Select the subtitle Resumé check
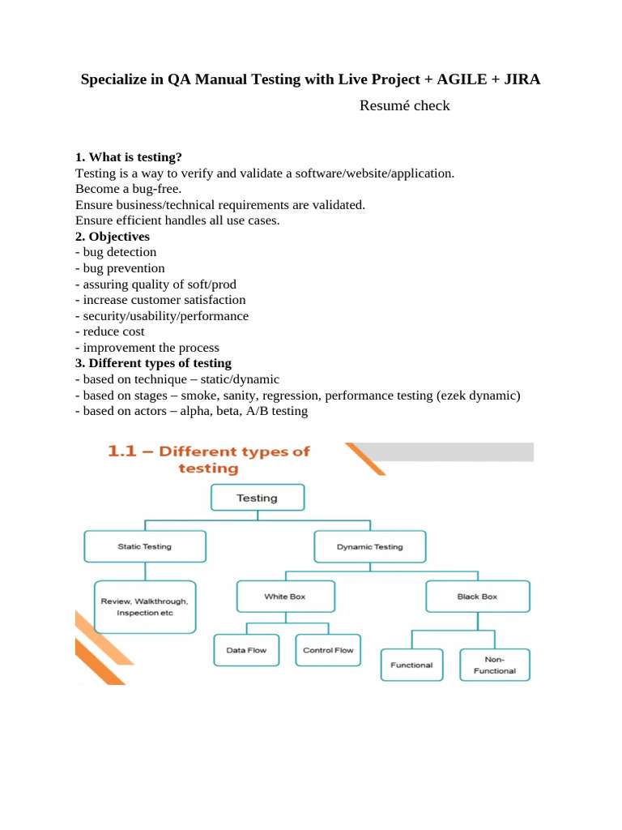[x=404, y=106]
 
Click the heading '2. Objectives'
[x=113, y=237]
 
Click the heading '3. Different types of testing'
[x=153, y=363]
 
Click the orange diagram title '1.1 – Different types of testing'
[x=209, y=460]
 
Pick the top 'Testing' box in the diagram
[x=257, y=498]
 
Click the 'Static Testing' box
[x=145, y=546]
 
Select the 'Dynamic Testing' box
[x=369, y=546]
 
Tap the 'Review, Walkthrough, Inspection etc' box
[x=145, y=607]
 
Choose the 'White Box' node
[x=284, y=597]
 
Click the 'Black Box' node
[x=477, y=597]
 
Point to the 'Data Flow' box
[x=246, y=650]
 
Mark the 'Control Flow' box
[x=327, y=650]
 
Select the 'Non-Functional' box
[x=495, y=665]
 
